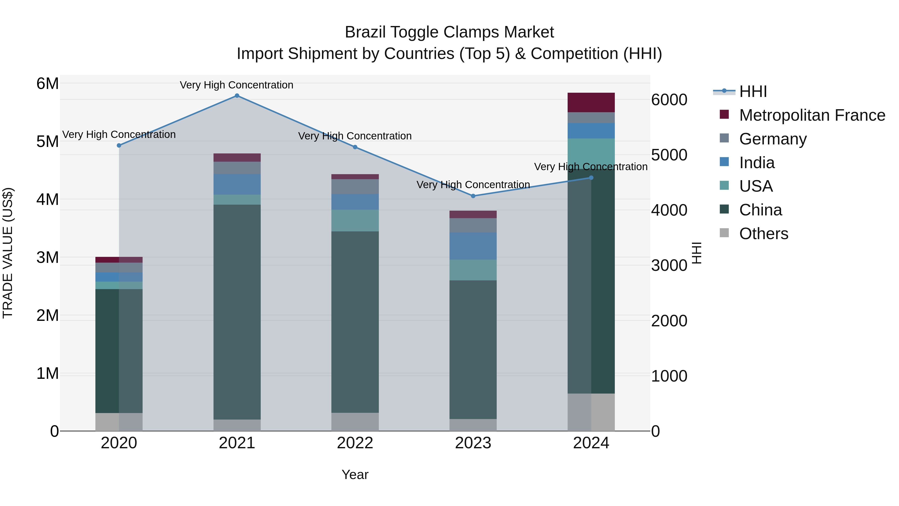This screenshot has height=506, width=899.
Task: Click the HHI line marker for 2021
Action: tap(237, 96)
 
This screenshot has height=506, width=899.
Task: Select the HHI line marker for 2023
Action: tap(473, 196)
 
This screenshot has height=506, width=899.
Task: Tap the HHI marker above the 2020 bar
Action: tap(119, 145)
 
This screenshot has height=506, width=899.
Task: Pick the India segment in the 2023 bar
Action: tap(473, 246)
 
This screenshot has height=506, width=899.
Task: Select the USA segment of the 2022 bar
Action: tap(355, 220)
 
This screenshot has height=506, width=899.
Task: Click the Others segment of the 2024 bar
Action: tap(591, 412)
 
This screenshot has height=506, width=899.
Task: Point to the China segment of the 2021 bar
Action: tap(237, 312)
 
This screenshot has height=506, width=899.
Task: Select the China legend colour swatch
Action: tap(724, 210)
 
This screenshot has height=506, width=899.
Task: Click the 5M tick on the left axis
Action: tap(47, 141)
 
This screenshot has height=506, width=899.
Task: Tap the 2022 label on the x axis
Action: tap(355, 443)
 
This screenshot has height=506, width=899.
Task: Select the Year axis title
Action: tap(355, 475)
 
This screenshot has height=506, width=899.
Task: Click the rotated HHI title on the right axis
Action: tap(696, 253)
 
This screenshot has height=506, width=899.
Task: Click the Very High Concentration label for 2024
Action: tap(591, 167)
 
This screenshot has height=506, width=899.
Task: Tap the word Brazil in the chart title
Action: tap(365, 32)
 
